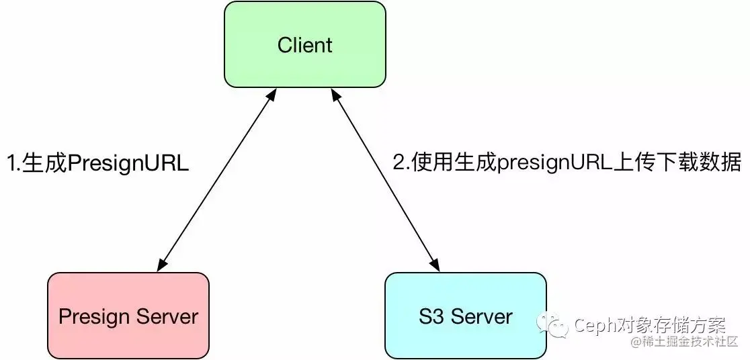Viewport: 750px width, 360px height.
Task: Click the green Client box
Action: tap(305, 45)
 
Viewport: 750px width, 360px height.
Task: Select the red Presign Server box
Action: tap(128, 315)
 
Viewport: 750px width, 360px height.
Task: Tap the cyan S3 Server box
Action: tap(465, 315)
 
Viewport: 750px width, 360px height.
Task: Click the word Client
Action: tap(305, 45)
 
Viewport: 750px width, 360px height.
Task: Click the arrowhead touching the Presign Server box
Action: tap(161, 265)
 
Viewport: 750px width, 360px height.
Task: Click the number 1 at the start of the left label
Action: tap(11, 163)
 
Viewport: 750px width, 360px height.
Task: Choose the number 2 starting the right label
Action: tap(398, 163)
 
